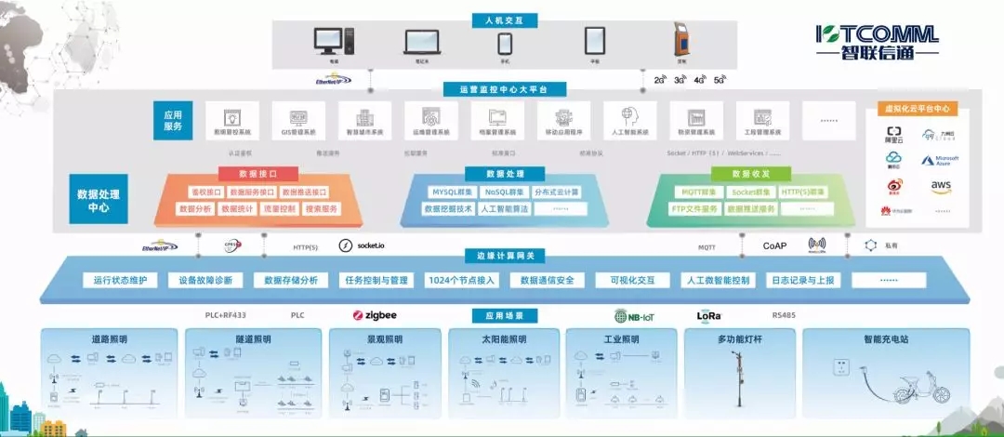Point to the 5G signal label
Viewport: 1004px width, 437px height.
click(x=719, y=81)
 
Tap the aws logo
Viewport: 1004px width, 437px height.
click(x=940, y=187)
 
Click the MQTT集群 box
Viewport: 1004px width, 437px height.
click(x=698, y=192)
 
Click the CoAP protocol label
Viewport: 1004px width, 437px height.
click(x=774, y=246)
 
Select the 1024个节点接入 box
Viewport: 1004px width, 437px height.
click(x=462, y=280)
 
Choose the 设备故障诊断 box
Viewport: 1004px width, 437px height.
click(x=206, y=280)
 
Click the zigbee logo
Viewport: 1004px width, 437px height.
click(x=375, y=315)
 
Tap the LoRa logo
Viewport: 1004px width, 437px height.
click(x=709, y=315)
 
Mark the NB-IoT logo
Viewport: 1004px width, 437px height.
click(x=634, y=316)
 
